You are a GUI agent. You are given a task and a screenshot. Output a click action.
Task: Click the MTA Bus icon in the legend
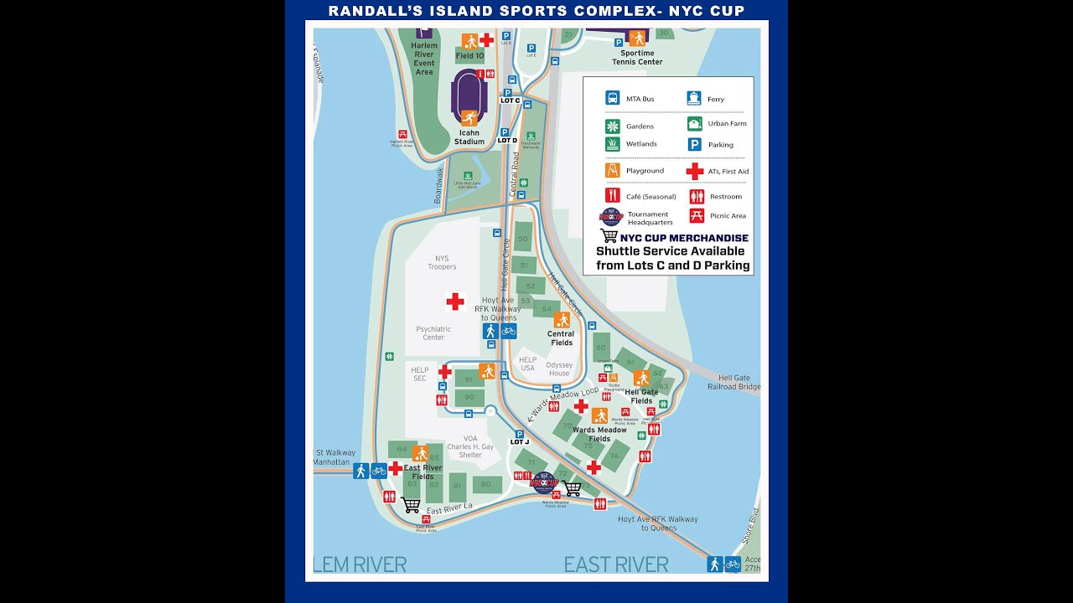tap(613, 98)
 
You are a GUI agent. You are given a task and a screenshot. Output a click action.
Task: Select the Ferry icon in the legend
tap(694, 98)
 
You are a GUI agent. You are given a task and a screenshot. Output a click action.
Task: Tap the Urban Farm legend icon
tap(694, 124)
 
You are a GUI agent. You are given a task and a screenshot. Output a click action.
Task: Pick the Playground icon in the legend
tap(613, 170)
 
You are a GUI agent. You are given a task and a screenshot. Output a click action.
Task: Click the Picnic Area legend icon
tap(696, 216)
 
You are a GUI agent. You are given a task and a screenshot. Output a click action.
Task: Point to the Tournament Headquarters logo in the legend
tap(612, 217)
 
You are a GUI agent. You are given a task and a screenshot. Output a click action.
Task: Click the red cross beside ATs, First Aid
tap(695, 171)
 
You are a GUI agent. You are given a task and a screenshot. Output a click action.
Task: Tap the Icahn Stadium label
tap(469, 137)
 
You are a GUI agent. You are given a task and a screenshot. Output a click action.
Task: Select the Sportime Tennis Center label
tap(637, 57)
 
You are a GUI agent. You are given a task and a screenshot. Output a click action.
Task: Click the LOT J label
tap(520, 442)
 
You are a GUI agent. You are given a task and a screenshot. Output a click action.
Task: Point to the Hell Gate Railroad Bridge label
tap(733, 384)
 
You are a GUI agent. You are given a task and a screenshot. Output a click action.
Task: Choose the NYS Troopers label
tap(442, 263)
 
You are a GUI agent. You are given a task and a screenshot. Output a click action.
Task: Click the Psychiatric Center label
tap(433, 333)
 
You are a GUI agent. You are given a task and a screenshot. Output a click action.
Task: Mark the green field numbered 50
tap(523, 239)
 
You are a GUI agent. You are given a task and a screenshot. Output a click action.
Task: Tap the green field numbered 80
tap(486, 484)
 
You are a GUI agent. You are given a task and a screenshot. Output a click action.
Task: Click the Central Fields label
tap(561, 338)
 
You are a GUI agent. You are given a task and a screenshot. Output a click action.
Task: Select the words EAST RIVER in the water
tap(615, 564)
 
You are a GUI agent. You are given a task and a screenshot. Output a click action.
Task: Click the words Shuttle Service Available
tap(670, 250)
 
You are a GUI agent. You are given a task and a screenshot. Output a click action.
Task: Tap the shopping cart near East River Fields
tap(411, 505)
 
